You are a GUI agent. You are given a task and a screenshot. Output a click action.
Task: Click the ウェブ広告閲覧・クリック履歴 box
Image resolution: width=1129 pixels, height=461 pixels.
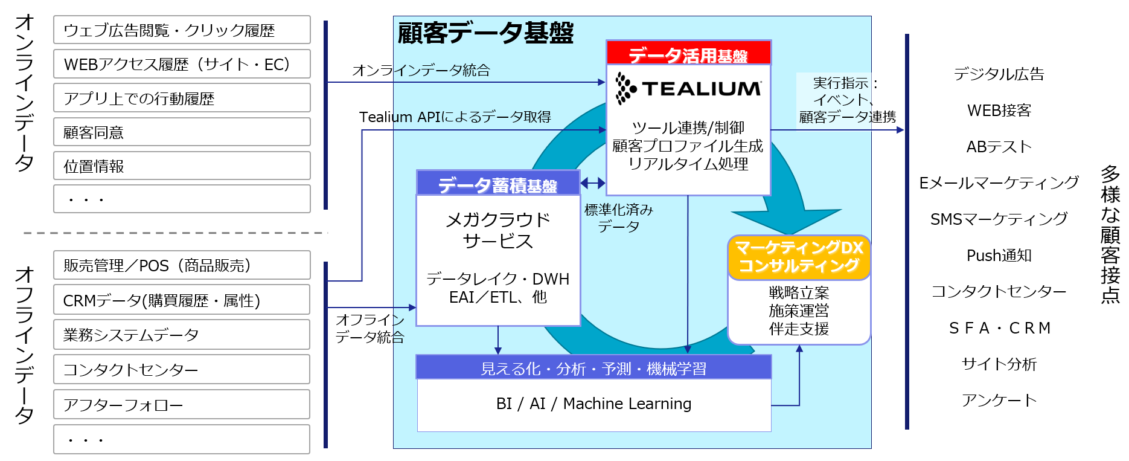182,30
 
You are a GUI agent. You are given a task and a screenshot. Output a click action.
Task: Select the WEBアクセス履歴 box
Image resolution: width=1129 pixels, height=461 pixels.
182,64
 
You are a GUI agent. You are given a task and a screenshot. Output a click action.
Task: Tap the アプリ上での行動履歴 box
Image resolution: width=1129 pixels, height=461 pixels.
182,98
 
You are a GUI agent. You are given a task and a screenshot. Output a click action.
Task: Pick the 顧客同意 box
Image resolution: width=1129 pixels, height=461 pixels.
182,132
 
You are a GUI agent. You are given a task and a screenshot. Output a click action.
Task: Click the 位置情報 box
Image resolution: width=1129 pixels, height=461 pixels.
182,166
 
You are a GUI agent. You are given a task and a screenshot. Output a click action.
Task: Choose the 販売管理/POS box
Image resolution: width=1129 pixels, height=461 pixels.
182,265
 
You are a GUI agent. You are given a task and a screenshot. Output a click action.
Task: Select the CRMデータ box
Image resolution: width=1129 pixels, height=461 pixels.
182,300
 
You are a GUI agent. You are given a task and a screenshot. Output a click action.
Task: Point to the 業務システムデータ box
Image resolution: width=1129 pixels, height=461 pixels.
182,334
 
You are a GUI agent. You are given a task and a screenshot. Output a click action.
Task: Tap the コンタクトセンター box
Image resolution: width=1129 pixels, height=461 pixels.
182,369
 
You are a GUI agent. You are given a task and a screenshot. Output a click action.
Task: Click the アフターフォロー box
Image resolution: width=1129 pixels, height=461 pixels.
182,404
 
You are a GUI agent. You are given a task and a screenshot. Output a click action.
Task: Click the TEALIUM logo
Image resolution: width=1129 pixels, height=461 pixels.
688,89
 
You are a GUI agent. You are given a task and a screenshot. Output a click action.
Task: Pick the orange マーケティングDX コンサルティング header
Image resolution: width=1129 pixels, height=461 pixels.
799,257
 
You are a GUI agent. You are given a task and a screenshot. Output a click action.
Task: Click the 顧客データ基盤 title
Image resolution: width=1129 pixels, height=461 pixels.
485,33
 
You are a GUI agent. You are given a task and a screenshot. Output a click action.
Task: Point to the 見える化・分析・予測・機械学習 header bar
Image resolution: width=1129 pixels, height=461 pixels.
593,368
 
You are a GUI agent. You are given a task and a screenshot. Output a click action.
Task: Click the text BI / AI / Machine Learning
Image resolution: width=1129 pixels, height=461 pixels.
593,404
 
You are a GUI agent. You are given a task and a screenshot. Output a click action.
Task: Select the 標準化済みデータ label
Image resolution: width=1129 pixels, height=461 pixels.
618,218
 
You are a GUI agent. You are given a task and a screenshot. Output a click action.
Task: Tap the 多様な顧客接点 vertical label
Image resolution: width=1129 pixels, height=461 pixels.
1110,232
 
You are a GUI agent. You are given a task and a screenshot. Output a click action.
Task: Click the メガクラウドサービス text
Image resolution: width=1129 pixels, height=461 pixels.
497,230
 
